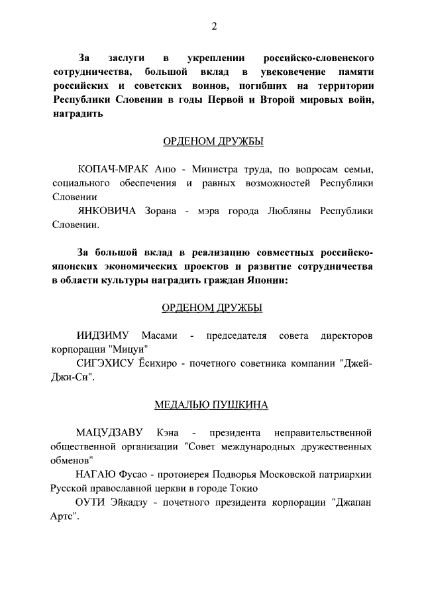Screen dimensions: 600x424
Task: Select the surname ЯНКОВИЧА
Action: pos(107,211)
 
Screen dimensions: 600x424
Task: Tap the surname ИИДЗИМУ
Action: pos(102,335)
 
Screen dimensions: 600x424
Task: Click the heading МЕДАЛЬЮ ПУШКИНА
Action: pos(211,404)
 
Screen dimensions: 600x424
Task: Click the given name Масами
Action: pos(159,335)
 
